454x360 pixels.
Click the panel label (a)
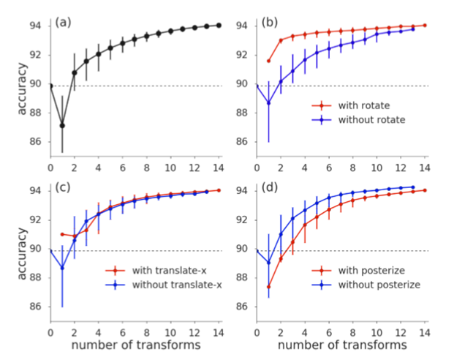(x=63, y=23)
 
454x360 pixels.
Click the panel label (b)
(x=270, y=23)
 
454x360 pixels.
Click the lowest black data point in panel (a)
(x=62, y=125)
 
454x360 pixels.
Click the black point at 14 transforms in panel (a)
(x=219, y=26)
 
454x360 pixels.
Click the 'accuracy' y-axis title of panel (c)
(x=23, y=250)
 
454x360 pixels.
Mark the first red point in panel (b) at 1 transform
(x=269, y=61)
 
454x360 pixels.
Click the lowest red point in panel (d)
(x=269, y=286)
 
